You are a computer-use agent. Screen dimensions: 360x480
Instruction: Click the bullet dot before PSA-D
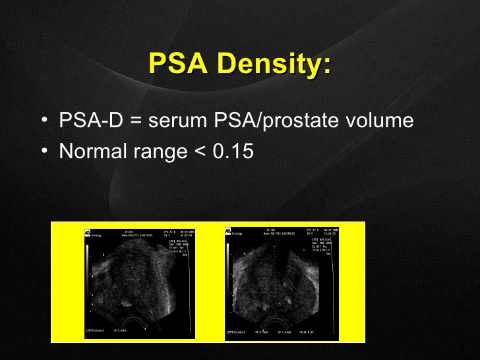(43, 122)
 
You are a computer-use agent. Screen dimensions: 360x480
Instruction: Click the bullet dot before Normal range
(43, 152)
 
